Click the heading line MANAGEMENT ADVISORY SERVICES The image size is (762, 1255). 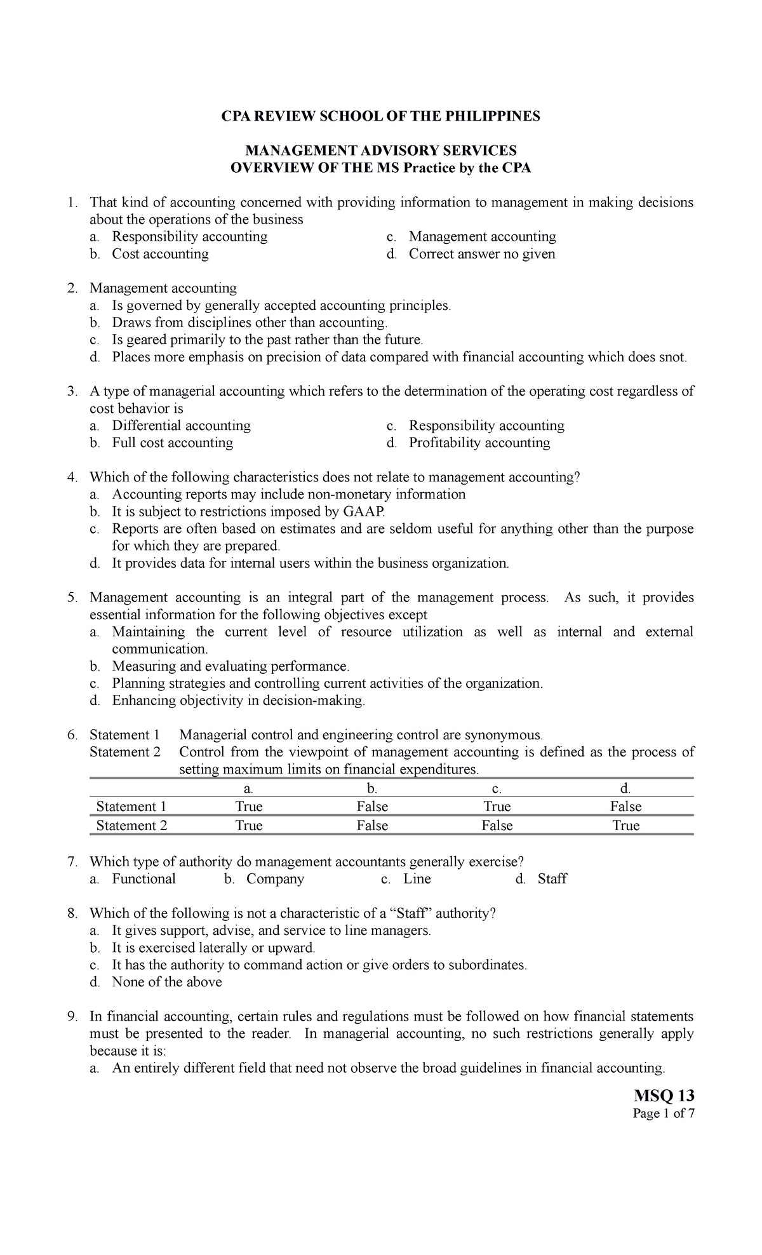point(381,151)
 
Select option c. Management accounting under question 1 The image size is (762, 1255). point(482,237)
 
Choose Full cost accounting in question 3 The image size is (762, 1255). point(172,443)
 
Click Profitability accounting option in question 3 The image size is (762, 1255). point(479,443)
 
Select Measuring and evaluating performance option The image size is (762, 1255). point(231,666)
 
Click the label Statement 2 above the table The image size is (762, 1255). point(125,753)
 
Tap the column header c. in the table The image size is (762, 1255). point(497,789)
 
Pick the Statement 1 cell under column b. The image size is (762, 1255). point(372,807)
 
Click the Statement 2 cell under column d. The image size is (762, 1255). point(625,826)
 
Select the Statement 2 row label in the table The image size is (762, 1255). point(131,826)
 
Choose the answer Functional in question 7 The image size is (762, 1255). point(144,879)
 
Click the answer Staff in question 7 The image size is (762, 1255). point(552,879)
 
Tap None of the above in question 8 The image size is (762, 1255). point(167,982)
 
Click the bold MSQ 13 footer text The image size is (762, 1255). point(664,1096)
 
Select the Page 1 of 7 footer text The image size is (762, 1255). point(664,1113)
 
